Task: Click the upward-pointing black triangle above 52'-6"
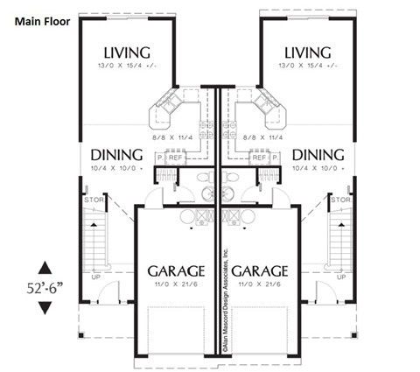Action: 45,266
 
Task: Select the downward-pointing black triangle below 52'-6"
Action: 45,307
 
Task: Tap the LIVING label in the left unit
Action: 126,52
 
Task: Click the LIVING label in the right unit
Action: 306,52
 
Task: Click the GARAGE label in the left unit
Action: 171,270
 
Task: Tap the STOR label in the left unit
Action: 94,200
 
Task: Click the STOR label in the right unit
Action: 341,200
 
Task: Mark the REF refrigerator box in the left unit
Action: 185,158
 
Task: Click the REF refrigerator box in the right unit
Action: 248,158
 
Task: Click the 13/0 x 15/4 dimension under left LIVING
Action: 126,66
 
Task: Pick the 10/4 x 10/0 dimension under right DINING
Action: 318,167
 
